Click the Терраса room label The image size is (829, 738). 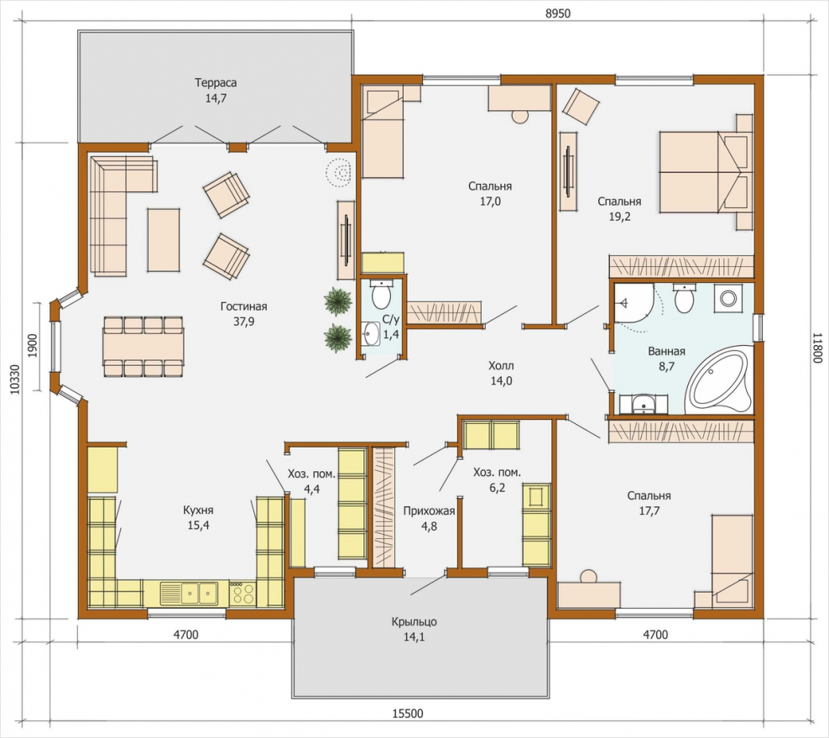pyautogui.click(x=216, y=83)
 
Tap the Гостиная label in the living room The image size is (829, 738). pyautogui.click(x=243, y=306)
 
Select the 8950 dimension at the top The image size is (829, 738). pyautogui.click(x=558, y=13)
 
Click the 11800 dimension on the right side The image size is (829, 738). pyautogui.click(x=817, y=348)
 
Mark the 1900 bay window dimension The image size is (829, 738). pyautogui.click(x=31, y=347)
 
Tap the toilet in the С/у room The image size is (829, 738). pyautogui.click(x=381, y=296)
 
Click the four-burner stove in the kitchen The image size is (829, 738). pyautogui.click(x=242, y=594)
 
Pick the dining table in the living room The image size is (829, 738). pyautogui.click(x=143, y=347)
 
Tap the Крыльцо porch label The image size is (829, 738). pyautogui.click(x=414, y=622)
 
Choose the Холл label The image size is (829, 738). pyautogui.click(x=501, y=365)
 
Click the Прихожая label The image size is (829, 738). pyautogui.click(x=429, y=511)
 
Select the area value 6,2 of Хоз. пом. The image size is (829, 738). pyautogui.click(x=497, y=488)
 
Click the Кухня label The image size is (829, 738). pyautogui.click(x=198, y=510)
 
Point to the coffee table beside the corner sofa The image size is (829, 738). pyautogui.click(x=164, y=240)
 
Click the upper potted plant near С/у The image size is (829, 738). pyautogui.click(x=338, y=301)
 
